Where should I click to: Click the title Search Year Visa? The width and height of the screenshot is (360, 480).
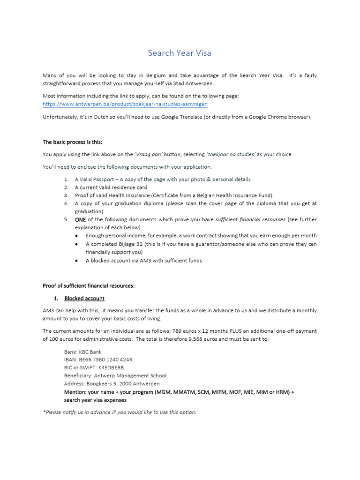coord(180,53)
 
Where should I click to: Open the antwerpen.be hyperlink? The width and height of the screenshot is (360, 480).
coord(125,104)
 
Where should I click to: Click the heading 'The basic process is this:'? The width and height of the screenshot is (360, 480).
coord(72,142)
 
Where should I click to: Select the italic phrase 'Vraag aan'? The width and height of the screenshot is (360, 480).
coord(149,154)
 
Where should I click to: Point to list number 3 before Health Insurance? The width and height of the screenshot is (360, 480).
coord(66,195)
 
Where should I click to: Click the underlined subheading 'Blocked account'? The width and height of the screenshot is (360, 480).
coord(84,298)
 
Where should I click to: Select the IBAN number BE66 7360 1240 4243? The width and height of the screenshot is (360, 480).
coord(105,360)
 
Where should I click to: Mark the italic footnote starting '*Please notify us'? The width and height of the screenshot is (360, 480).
coord(120,412)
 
